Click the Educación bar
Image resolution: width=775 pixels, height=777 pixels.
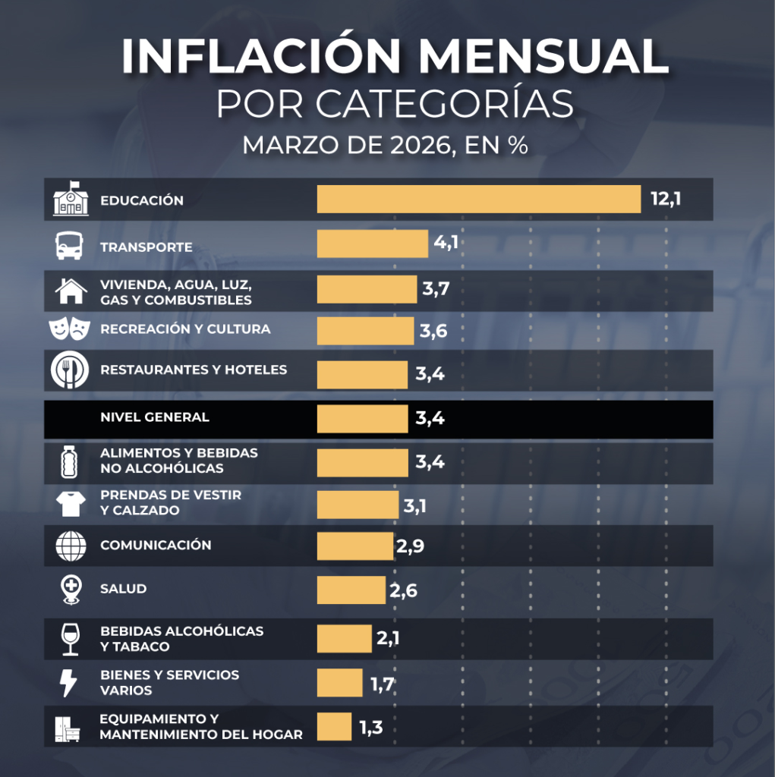click(x=478, y=200)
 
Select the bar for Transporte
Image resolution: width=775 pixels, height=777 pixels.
click(x=372, y=244)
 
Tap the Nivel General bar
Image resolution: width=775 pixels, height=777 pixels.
click(x=362, y=418)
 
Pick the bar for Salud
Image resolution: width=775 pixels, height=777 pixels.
click(x=351, y=590)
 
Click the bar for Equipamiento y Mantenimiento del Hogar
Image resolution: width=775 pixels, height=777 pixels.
click(x=334, y=727)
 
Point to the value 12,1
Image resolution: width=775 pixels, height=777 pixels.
click(x=666, y=200)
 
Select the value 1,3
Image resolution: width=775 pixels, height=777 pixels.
click(x=370, y=728)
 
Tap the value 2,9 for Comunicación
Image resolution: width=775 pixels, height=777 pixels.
click(x=410, y=546)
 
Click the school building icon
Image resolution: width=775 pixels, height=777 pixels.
click(x=71, y=199)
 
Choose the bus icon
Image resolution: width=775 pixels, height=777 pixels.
click(x=69, y=246)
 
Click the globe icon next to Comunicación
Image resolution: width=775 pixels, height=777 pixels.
click(x=69, y=546)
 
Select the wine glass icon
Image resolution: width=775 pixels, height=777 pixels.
click(x=69, y=638)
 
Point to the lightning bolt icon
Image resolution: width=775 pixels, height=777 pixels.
click(x=68, y=682)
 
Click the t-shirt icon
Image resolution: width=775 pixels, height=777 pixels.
click(x=69, y=502)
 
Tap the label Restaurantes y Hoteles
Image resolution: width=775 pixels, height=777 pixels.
click(x=194, y=370)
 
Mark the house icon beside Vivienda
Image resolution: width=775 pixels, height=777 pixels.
click(x=70, y=290)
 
